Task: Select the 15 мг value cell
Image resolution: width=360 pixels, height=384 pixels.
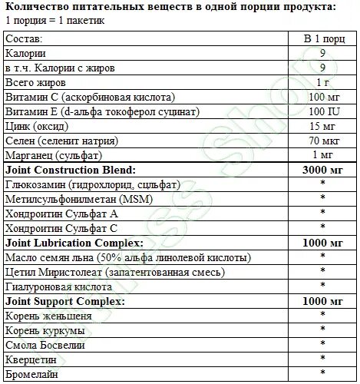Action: coord(323,125)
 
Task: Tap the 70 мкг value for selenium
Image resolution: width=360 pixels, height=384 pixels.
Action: coord(323,140)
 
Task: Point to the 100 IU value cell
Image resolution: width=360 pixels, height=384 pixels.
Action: coord(323,111)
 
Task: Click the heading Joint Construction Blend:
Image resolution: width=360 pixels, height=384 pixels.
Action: coord(70,168)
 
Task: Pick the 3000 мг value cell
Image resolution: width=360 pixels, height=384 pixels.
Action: coord(323,168)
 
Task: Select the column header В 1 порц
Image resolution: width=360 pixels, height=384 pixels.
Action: coord(323,38)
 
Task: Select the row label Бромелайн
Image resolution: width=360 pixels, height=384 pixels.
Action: coord(32,374)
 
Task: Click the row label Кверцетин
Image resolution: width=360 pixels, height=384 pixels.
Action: coord(31,359)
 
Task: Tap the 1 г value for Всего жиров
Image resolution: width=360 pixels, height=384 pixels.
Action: coord(323,81)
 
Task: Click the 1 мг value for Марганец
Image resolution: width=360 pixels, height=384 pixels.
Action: coord(323,154)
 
